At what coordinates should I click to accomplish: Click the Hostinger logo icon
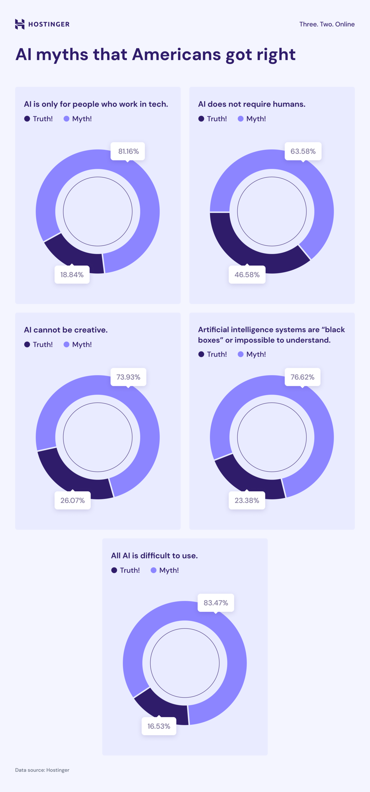pyautogui.click(x=20, y=24)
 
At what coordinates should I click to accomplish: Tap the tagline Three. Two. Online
pyautogui.click(x=327, y=24)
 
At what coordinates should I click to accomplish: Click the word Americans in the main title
pyautogui.click(x=176, y=54)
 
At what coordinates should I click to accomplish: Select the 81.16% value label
pyautogui.click(x=128, y=151)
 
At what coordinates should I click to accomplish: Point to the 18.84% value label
pyautogui.click(x=72, y=275)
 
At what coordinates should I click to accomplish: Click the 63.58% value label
pyautogui.click(x=303, y=151)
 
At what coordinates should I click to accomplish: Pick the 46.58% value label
pyautogui.click(x=247, y=275)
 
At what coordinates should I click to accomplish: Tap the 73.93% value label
pyautogui.click(x=128, y=377)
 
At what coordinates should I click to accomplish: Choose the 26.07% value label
pyautogui.click(x=72, y=500)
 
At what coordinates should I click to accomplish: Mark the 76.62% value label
pyautogui.click(x=302, y=377)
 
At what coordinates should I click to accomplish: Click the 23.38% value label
pyautogui.click(x=247, y=500)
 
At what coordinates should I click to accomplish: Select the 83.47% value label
pyautogui.click(x=216, y=603)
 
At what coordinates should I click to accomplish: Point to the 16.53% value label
pyautogui.click(x=159, y=726)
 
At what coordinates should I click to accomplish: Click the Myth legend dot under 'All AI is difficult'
pyautogui.click(x=153, y=570)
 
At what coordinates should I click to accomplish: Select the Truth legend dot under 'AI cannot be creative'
pyautogui.click(x=27, y=344)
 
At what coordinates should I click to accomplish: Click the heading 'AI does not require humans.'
pyautogui.click(x=252, y=104)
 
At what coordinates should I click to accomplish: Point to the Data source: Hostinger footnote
pyautogui.click(x=42, y=770)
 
